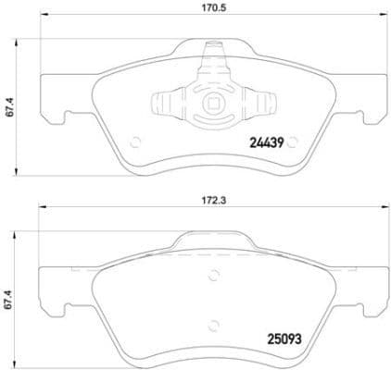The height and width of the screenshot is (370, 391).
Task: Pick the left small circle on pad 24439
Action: tap(135, 142)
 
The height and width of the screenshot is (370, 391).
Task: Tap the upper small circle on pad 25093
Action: tap(215, 273)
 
